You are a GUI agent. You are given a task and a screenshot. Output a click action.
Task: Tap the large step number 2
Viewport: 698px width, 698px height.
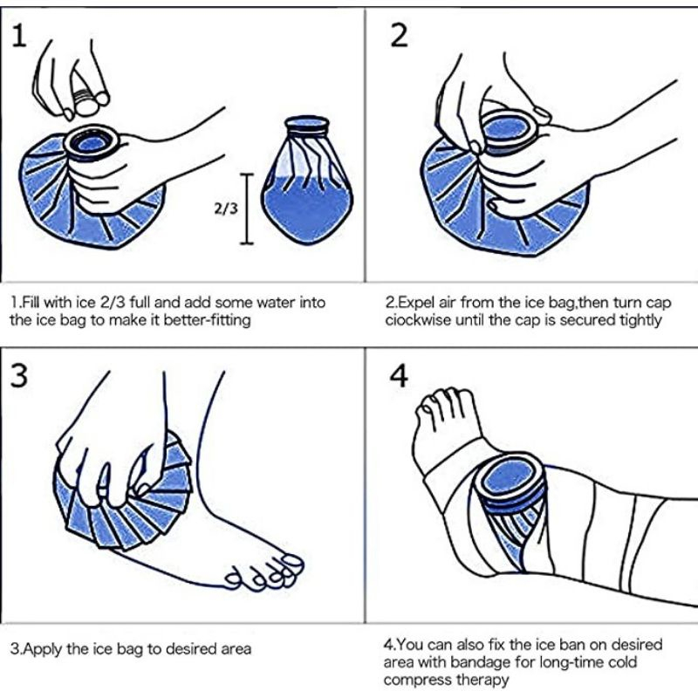coord(399,36)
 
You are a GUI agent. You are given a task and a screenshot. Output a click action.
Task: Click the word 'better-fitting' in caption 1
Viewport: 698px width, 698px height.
coord(208,320)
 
